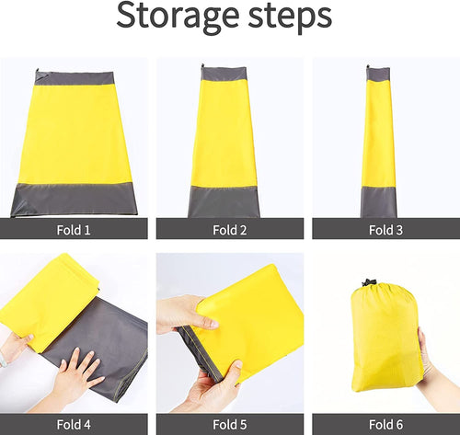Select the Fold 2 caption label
pyautogui.click(x=229, y=230)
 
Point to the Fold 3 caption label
pyautogui.click(x=385, y=230)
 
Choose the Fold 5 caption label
pyautogui.click(x=229, y=424)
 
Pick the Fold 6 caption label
pyautogui.click(x=385, y=424)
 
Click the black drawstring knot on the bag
pyautogui.click(x=370, y=283)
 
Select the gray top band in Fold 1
pyautogui.click(x=75, y=78)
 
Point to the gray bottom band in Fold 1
pyautogui.click(x=75, y=198)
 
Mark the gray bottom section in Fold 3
pyautogui.click(x=378, y=200)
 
